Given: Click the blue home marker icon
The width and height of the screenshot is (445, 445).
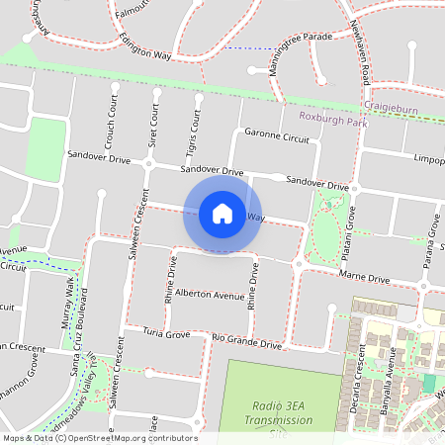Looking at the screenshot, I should pos(222,213).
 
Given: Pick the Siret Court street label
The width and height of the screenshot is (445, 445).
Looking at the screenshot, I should pos(153,125).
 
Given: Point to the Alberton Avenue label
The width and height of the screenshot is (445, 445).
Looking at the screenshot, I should pos(209,295).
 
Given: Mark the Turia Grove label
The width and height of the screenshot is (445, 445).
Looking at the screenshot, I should pos(165,333).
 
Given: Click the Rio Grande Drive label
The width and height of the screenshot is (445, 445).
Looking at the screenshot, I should pos(247,342).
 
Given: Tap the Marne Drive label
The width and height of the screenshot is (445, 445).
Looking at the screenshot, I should pos(366,280).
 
